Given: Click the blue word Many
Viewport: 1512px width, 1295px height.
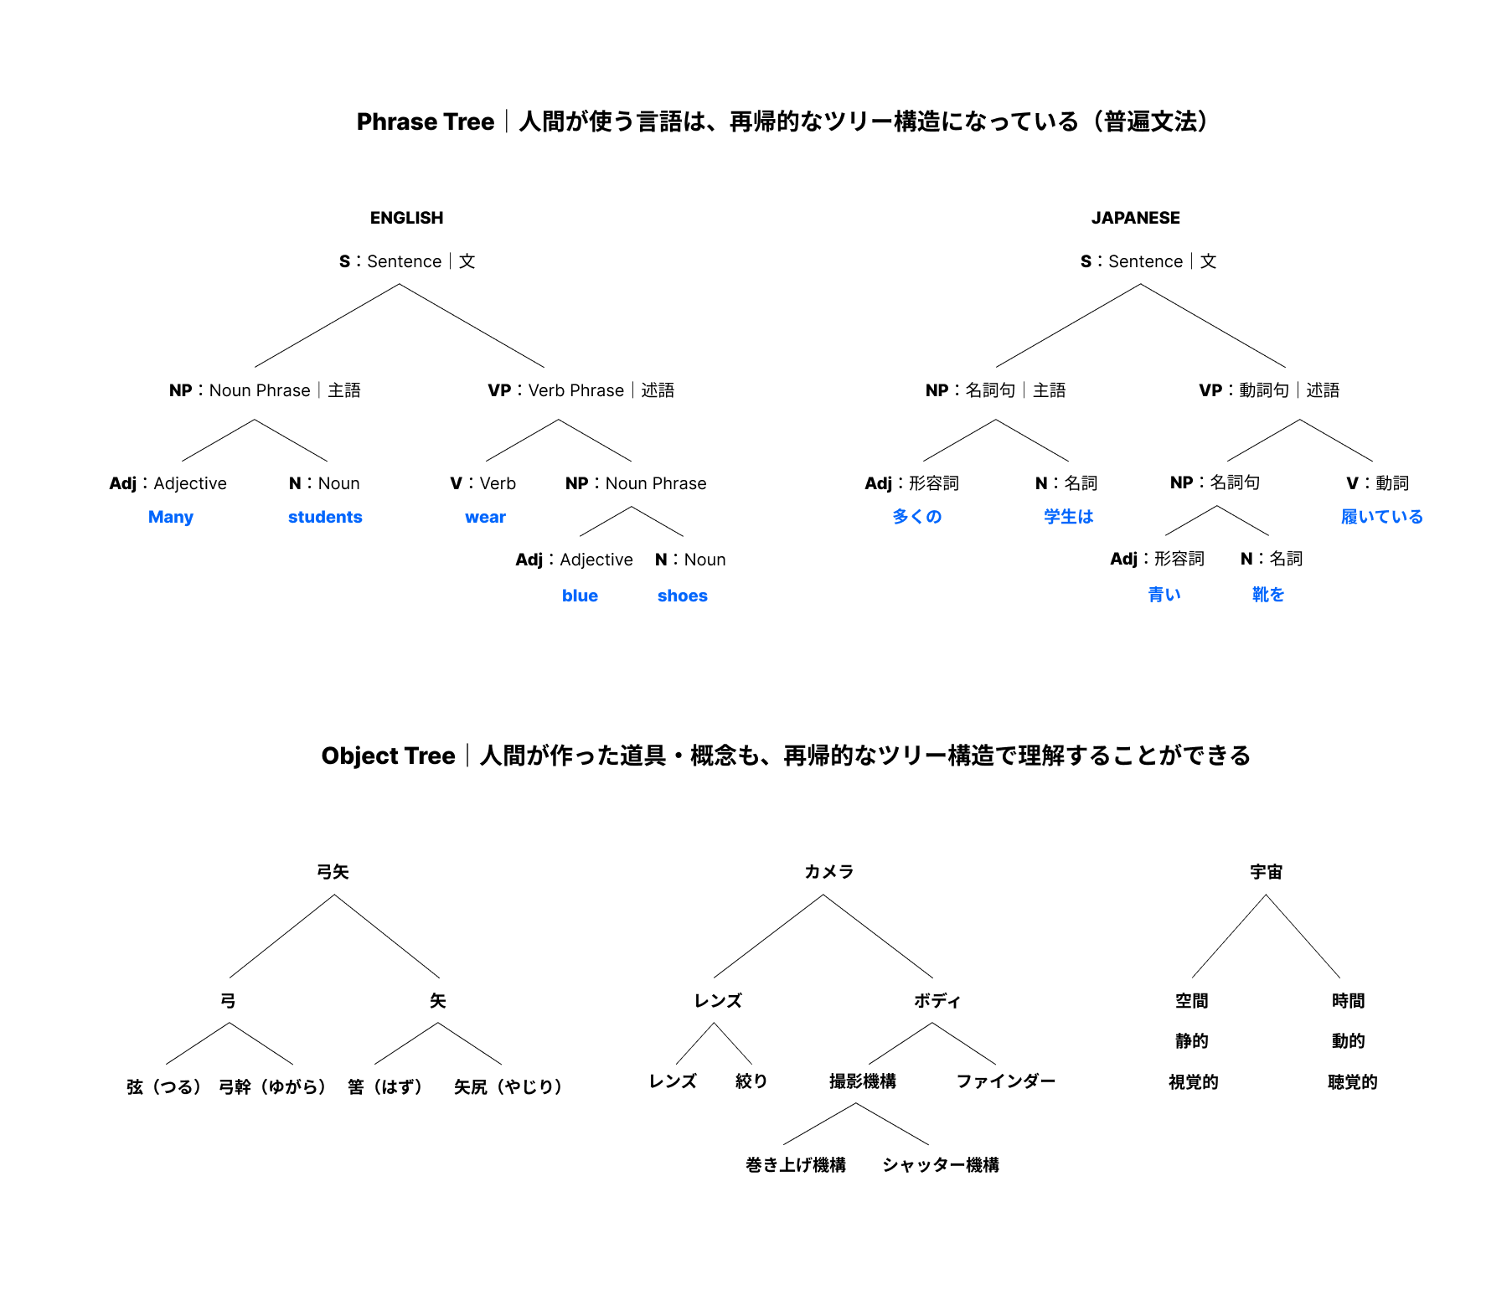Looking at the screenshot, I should [x=170, y=517].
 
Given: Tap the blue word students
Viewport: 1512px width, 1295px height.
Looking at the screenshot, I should [x=325, y=517].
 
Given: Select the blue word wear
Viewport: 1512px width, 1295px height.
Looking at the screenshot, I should [x=485, y=517].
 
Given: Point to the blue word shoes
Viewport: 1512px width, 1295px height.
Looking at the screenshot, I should [x=682, y=596].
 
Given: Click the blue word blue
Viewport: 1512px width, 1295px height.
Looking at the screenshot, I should [x=580, y=596].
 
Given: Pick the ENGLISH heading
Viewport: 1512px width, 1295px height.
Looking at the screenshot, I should [x=406, y=218].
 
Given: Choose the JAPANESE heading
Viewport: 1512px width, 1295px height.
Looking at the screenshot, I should [x=1135, y=218].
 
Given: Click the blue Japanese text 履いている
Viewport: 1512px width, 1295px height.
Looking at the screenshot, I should [x=1381, y=517].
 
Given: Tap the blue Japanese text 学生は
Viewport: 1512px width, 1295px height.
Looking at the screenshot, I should [x=1068, y=517].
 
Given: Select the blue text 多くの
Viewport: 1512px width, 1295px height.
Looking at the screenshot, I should [x=916, y=517].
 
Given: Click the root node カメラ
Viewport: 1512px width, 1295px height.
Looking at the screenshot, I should [x=828, y=872].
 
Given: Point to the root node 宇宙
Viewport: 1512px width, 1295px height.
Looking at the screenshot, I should [x=1266, y=872].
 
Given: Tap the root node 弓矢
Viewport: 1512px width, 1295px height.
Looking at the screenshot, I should [x=333, y=872].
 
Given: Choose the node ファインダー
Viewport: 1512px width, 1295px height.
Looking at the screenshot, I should [x=1005, y=1081].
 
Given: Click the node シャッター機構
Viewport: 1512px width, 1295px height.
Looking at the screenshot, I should [x=940, y=1165].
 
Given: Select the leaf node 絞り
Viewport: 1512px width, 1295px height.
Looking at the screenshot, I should [x=751, y=1081].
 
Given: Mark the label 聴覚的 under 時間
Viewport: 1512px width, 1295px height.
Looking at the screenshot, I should [x=1352, y=1082].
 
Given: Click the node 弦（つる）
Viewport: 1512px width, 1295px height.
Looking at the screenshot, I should [x=163, y=1087].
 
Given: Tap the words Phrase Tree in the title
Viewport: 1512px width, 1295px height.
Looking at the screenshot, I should [x=425, y=122].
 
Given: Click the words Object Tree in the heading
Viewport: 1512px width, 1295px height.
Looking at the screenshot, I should [x=388, y=756].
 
